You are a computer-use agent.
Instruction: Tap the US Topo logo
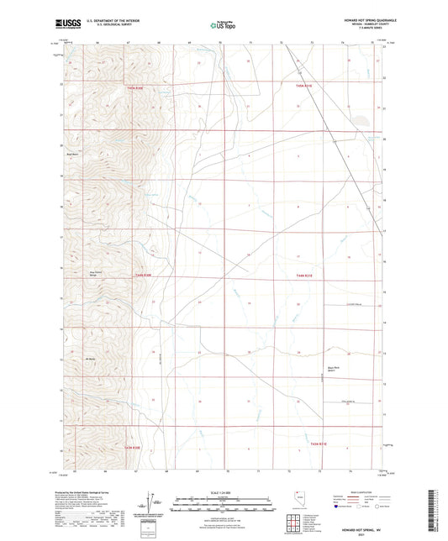(x=221, y=25)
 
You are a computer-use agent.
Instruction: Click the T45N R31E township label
(x=304, y=86)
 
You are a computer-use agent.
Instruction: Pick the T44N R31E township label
(x=304, y=276)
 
